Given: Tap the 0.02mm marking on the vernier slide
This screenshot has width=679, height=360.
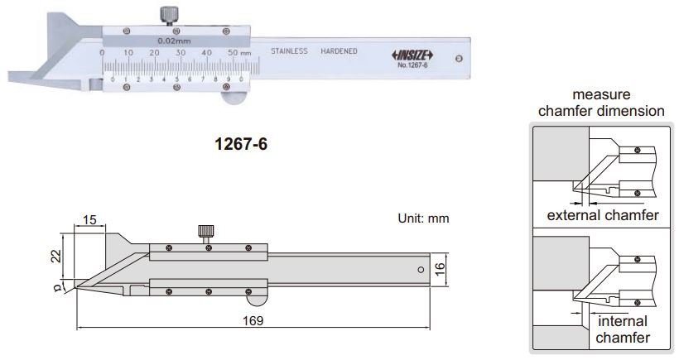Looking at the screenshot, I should point(174,40).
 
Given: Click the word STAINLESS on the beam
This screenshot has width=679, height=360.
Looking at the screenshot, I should point(289,51).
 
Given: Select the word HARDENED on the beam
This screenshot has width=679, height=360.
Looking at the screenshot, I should point(339,51).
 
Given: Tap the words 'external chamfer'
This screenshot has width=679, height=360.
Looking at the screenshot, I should point(603,216).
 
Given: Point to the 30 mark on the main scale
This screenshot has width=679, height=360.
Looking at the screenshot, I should point(180,53).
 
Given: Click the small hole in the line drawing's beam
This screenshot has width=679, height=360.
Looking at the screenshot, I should point(420,270).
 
